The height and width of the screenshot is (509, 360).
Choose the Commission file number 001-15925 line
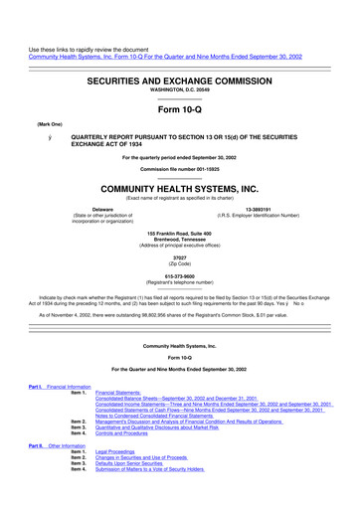[179, 166]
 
